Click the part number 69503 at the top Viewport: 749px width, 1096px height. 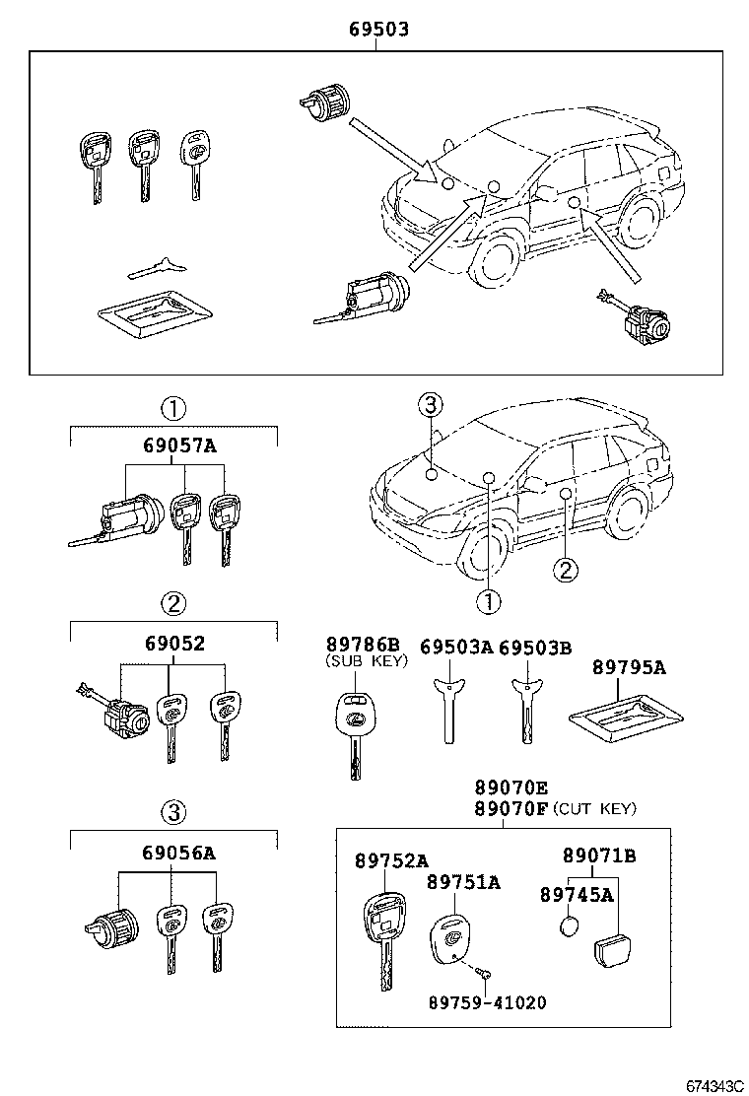point(378,31)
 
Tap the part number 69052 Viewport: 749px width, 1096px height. point(174,644)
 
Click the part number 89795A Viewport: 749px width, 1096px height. point(629,667)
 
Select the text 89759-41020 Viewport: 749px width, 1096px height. point(487,1002)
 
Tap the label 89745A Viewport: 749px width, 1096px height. point(577,894)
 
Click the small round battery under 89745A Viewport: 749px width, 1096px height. point(569,927)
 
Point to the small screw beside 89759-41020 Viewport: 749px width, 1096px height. point(482,974)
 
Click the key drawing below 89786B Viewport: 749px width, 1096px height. point(352,729)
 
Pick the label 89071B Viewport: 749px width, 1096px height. point(599,856)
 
